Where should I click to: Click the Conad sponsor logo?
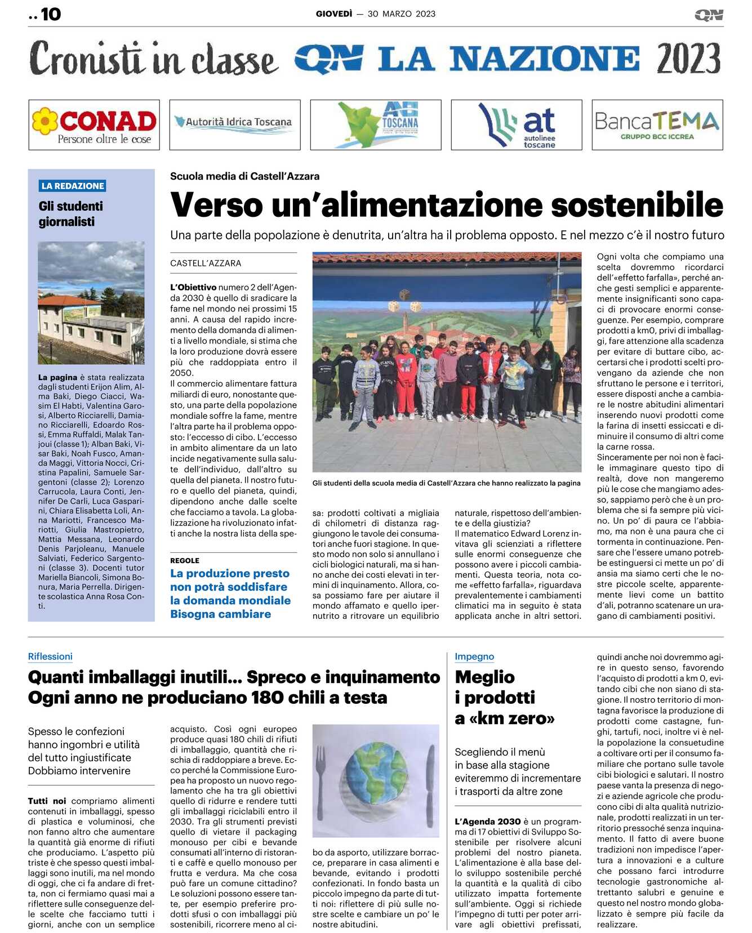94,125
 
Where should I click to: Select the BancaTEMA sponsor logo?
657,125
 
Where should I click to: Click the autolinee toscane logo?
516,125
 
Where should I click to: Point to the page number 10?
50,14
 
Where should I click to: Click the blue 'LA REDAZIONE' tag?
73,186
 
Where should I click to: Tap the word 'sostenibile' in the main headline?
637,205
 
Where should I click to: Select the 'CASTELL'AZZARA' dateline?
206,263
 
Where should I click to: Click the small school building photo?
91,302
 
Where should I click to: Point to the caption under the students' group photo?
446,483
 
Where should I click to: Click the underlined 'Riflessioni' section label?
50,657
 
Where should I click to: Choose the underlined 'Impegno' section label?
474,657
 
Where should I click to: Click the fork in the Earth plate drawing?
322,777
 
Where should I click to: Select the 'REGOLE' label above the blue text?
185,560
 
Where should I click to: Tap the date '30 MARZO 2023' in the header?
401,14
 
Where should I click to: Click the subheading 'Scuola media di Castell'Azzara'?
244,176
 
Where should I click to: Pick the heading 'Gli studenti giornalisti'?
71,214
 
